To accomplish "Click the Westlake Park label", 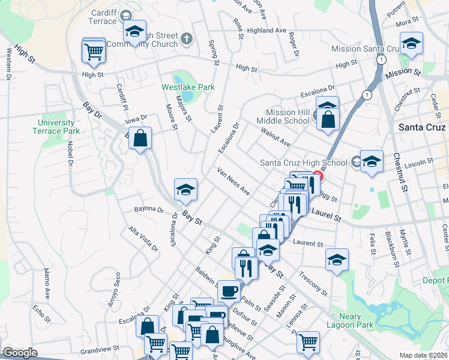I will (188, 87).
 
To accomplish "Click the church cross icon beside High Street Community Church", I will (186, 40).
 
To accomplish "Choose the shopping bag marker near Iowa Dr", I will (139, 139).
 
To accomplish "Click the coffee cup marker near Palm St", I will (229, 291).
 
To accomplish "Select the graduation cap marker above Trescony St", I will (337, 260).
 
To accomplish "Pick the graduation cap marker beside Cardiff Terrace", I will (134, 31).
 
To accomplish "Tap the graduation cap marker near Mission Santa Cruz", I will (411, 43).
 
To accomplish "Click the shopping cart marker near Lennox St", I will (308, 341).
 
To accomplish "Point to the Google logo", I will (20, 353).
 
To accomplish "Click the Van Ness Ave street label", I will (234, 181).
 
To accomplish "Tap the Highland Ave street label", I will (266, 31).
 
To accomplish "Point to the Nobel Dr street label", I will (70, 154).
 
